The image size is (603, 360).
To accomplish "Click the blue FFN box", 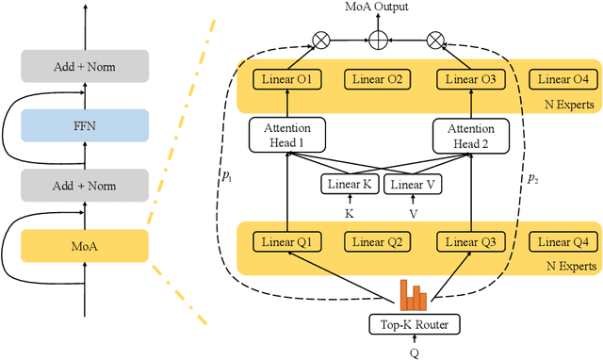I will pyautogui.click(x=86, y=125).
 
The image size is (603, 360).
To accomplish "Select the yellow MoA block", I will pyautogui.click(x=86, y=246).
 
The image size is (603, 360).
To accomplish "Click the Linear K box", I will pyautogui.click(x=350, y=185).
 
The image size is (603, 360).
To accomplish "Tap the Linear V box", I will pyautogui.click(x=411, y=185).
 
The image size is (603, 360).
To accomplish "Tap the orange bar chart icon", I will pyautogui.click(x=412, y=295).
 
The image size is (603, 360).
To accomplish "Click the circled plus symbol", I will pyautogui.click(x=381, y=40).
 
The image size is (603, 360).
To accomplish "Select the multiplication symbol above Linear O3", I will pyautogui.click(x=434, y=40).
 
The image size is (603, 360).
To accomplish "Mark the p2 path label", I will pyautogui.click(x=532, y=179).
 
